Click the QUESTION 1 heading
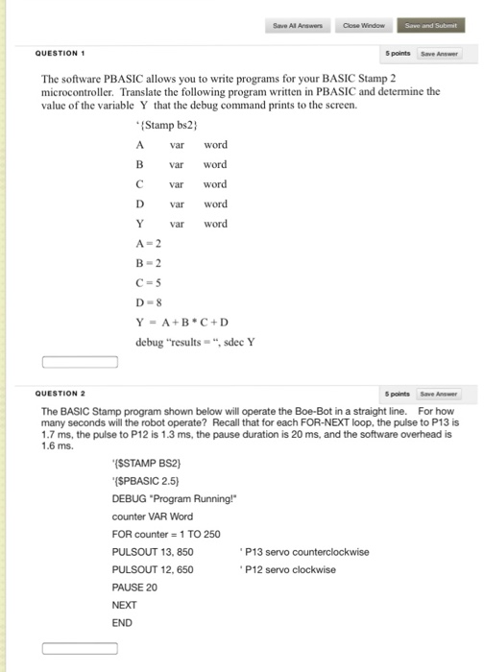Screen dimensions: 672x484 [x=60, y=53]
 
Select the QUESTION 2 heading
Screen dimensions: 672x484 [x=60, y=394]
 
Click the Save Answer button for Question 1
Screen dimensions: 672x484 [x=444, y=54]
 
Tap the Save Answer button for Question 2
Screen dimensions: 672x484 [x=444, y=394]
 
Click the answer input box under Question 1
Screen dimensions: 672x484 [x=80, y=363]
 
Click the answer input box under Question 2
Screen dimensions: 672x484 [x=80, y=649]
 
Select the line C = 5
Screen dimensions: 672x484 [x=150, y=281]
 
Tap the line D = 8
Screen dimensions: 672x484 [x=150, y=301]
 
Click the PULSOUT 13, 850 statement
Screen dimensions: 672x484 [x=153, y=551]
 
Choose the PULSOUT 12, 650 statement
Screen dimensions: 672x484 [x=153, y=569]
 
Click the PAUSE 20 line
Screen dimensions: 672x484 [x=134, y=587]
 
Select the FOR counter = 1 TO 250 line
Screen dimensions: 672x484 [x=166, y=534]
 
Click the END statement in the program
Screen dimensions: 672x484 [x=123, y=622]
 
